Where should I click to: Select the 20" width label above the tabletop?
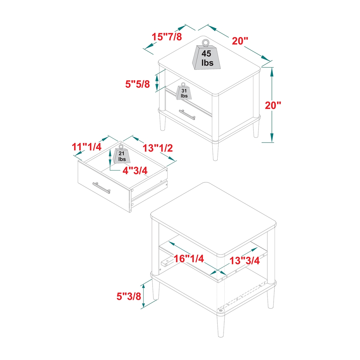point(240,41)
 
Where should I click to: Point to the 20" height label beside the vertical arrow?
point(273,105)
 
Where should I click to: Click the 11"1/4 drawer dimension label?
point(87,147)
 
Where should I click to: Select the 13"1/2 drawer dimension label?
point(157,148)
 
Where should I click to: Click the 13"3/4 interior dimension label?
point(245,261)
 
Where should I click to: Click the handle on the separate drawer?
point(101,188)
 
